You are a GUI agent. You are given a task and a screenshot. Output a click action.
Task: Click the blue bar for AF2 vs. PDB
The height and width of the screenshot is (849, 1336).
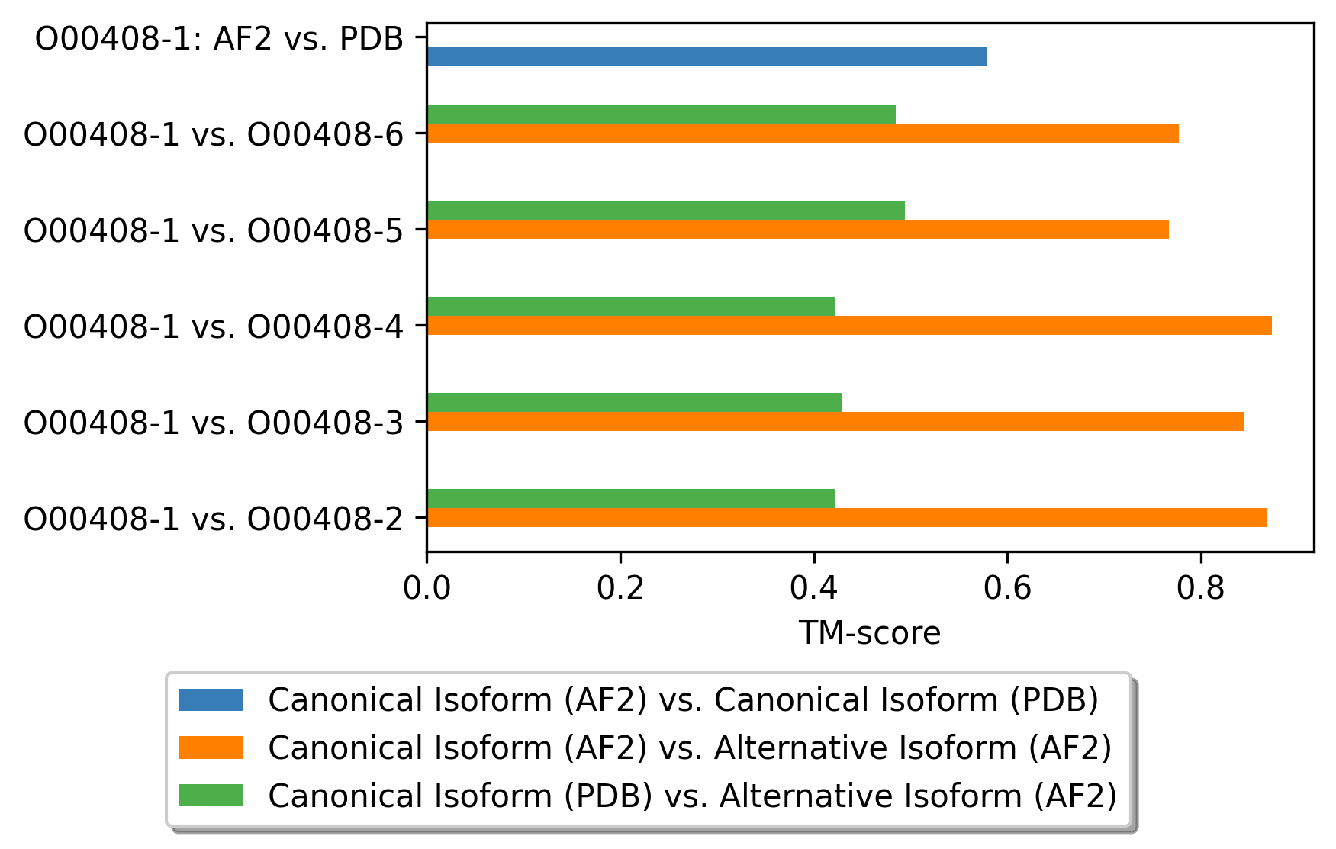tap(707, 56)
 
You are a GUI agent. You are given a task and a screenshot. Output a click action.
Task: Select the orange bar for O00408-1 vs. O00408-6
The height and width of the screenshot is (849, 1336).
tap(803, 133)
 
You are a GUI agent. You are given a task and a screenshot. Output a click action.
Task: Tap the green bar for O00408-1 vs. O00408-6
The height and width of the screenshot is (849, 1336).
tap(662, 114)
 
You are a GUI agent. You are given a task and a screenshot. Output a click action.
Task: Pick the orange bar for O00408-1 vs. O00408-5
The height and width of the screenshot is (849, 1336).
tap(798, 230)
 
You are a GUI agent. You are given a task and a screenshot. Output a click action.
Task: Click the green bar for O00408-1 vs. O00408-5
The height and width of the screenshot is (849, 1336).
tap(666, 210)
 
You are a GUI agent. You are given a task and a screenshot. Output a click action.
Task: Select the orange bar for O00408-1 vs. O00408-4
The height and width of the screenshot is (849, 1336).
tap(849, 326)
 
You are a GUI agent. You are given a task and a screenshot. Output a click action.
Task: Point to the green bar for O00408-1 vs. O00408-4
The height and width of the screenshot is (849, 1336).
tap(631, 306)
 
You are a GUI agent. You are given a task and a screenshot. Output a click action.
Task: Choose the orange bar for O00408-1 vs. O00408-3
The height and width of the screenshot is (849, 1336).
tap(835, 422)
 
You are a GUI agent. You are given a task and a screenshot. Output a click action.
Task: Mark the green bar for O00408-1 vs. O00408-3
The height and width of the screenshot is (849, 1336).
tap(634, 402)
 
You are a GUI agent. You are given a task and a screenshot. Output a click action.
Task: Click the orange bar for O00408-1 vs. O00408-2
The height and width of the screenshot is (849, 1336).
tap(847, 518)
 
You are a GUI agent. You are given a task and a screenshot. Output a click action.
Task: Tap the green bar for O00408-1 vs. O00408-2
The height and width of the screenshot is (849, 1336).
tap(631, 498)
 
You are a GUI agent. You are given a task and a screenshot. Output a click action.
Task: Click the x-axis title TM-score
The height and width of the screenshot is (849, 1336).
tap(870, 633)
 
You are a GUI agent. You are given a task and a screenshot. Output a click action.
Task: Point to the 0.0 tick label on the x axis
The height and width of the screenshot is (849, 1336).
tap(427, 588)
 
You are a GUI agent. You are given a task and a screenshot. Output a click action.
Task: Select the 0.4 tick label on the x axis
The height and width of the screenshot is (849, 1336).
tap(814, 588)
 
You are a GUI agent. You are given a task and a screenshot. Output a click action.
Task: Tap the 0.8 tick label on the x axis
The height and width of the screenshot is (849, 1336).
tap(1201, 588)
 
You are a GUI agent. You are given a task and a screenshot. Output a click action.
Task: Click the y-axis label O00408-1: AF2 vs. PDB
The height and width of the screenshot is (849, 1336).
tap(220, 39)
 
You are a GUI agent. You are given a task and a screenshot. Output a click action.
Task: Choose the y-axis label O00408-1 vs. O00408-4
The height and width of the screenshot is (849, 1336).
tap(214, 326)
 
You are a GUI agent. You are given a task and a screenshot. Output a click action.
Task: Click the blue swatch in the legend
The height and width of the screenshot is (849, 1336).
tap(211, 699)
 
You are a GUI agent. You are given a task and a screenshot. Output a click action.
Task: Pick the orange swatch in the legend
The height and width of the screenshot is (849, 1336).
tap(211, 748)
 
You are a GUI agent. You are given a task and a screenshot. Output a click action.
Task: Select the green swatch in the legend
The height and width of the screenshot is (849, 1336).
tap(211, 796)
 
